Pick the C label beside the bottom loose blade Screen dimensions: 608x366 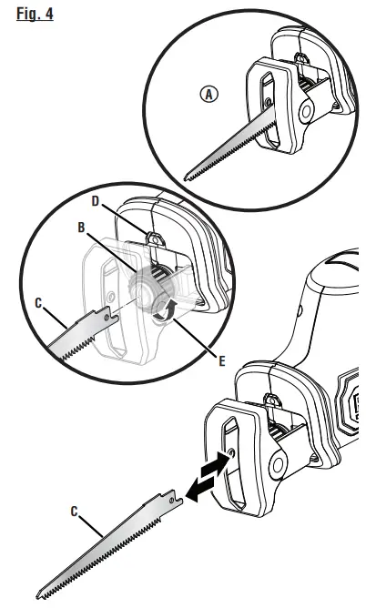point(76,512)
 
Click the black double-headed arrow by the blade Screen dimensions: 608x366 point(206,478)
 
